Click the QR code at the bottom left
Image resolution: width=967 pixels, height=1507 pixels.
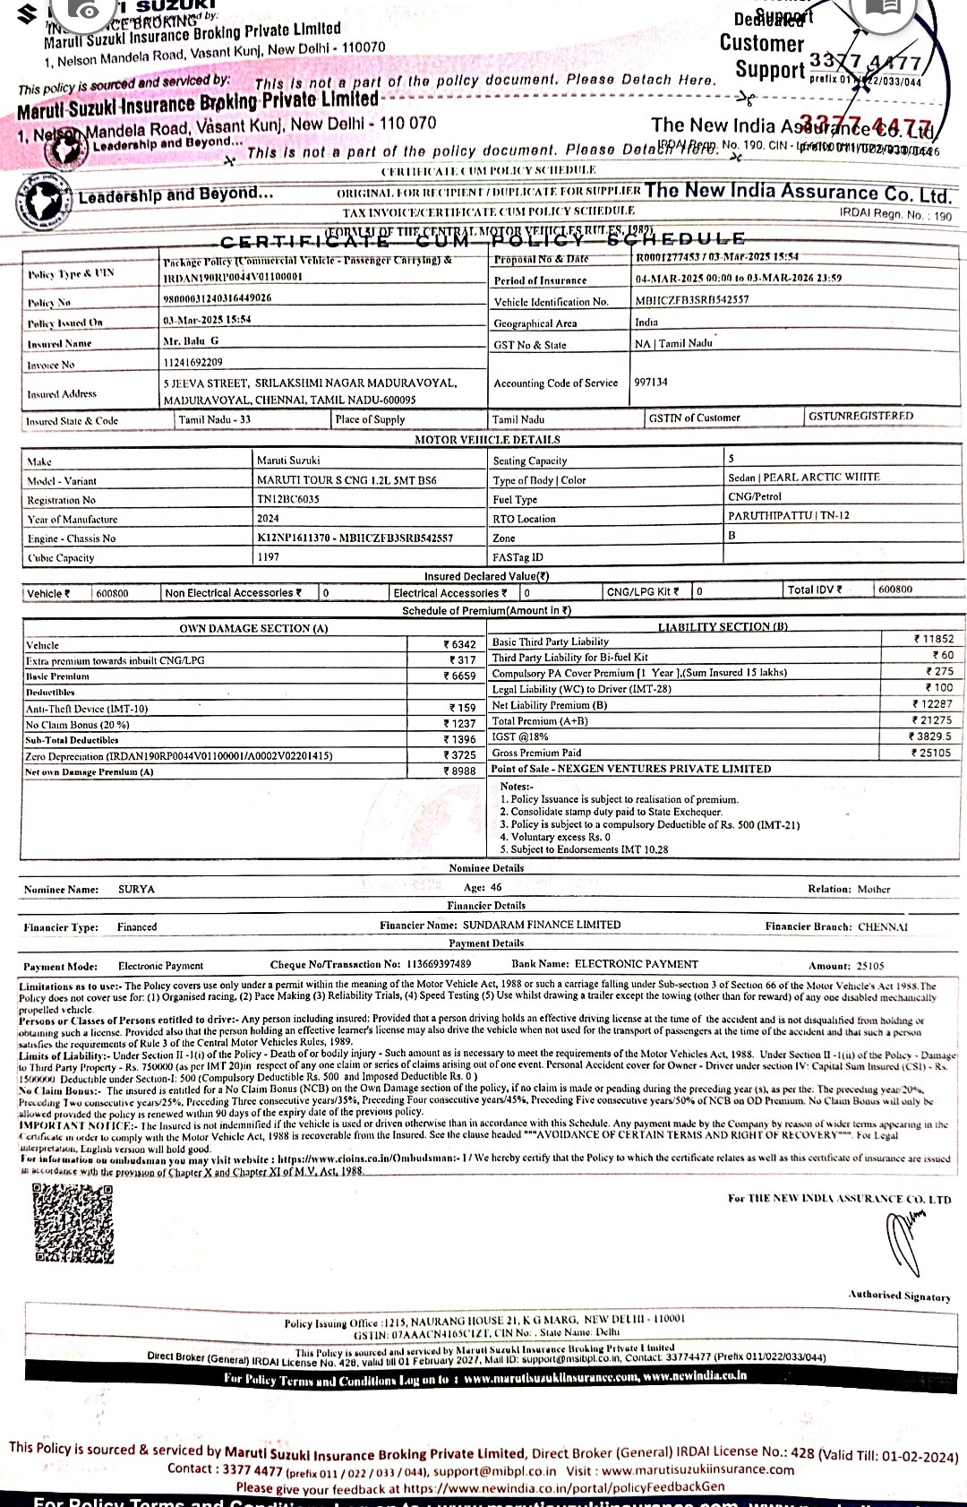point(73,1224)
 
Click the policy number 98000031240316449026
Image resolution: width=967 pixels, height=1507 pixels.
point(218,298)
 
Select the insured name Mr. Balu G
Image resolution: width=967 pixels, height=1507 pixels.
point(191,341)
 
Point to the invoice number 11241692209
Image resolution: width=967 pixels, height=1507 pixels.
point(193,363)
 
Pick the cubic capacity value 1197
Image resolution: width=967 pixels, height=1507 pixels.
point(268,557)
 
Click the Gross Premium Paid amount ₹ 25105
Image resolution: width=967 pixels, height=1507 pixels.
point(931,753)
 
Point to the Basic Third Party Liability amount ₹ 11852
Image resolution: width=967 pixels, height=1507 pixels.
point(933,640)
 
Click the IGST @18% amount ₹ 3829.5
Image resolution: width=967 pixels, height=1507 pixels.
point(931,736)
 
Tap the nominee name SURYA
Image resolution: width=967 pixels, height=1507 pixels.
point(136,890)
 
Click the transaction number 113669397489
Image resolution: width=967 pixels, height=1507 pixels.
point(439,965)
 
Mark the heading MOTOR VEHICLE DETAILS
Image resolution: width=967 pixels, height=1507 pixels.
point(487,440)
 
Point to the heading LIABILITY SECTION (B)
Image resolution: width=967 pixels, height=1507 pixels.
point(723,627)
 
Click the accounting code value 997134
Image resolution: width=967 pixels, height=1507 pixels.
point(651,383)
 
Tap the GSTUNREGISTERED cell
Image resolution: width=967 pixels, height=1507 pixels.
point(860,417)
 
